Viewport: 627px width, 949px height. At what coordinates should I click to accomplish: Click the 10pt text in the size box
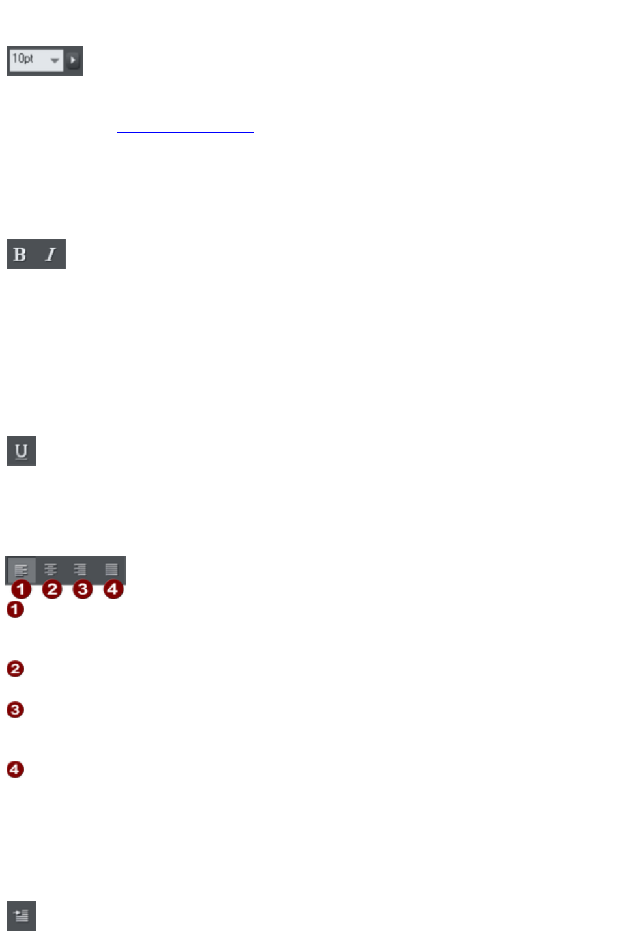click(23, 59)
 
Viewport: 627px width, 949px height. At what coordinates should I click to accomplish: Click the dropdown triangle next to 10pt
click(55, 61)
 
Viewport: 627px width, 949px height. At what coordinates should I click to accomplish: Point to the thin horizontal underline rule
click(185, 132)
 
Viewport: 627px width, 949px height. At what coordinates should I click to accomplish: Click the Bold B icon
click(20, 254)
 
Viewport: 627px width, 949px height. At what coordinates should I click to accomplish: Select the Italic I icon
click(50, 254)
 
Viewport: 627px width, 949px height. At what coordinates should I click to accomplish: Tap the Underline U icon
click(22, 451)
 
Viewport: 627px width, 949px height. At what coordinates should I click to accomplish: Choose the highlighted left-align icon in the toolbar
click(21, 570)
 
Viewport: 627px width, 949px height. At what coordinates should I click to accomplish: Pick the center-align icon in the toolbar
click(50, 570)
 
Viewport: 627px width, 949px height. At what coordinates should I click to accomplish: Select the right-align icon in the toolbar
click(80, 570)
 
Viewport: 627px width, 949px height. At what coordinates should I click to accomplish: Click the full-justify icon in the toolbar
click(111, 570)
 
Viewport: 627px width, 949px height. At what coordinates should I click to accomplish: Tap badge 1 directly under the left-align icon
click(21, 589)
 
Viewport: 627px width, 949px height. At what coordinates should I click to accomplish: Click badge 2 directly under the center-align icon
click(51, 589)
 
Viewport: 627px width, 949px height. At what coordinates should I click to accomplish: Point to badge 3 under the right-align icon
click(82, 589)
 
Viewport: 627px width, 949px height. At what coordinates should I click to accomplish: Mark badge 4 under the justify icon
click(113, 589)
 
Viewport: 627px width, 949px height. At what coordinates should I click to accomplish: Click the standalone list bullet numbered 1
click(15, 610)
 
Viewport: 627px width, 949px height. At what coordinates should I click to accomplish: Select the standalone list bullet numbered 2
click(15, 669)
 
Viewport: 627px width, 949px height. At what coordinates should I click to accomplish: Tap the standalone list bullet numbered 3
click(15, 709)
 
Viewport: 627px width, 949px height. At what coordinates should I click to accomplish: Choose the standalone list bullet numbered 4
click(15, 769)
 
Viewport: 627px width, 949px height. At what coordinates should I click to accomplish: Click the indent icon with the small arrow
click(22, 916)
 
